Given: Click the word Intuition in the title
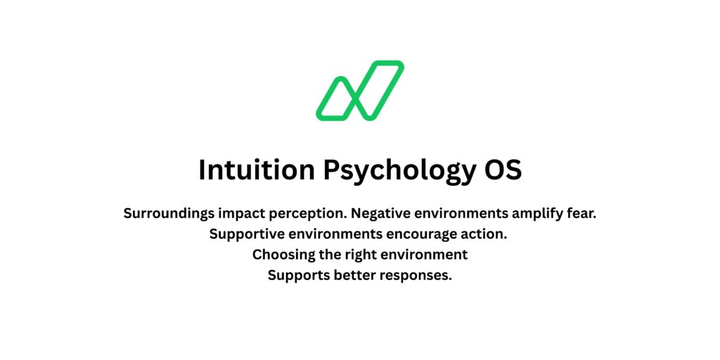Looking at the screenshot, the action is coord(257,170).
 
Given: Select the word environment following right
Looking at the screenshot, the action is coord(425,255).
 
